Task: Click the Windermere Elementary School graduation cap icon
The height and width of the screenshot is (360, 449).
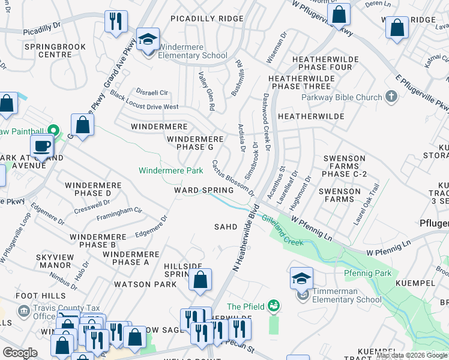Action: (x=148, y=40)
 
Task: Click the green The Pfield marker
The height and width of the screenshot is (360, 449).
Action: (x=274, y=307)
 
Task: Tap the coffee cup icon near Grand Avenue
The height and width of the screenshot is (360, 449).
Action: (x=41, y=146)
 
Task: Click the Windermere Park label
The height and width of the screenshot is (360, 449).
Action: (x=170, y=171)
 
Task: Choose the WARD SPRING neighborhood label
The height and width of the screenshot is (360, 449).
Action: (x=203, y=190)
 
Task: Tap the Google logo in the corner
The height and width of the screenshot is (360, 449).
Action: (x=20, y=352)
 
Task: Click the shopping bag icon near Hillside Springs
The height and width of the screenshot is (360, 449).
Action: (x=200, y=280)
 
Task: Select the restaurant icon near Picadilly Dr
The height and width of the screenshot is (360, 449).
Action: (x=115, y=22)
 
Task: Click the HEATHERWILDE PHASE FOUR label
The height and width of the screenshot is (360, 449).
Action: (x=322, y=64)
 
